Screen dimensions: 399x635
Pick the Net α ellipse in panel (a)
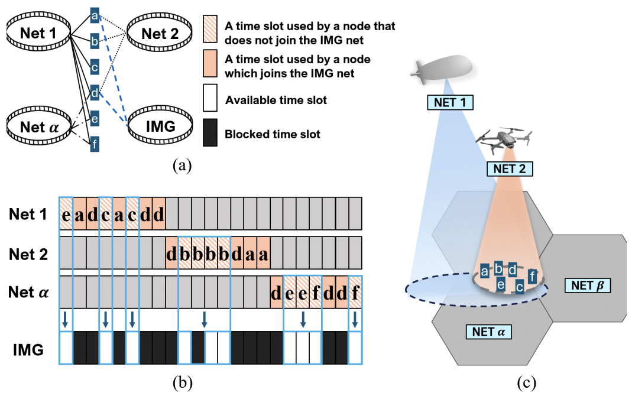click(x=37, y=126)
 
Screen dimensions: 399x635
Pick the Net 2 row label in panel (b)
click(x=28, y=254)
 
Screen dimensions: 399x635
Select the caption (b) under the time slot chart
click(x=182, y=383)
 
